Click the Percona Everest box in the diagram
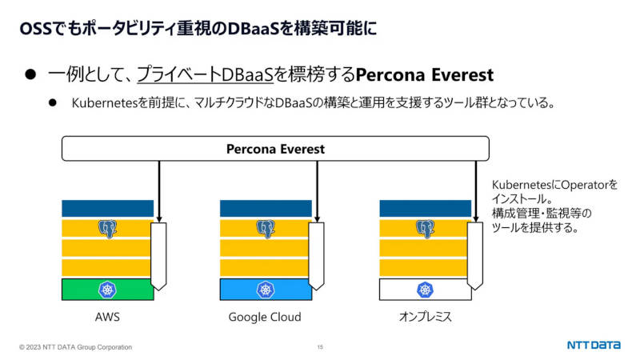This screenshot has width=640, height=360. [275, 149]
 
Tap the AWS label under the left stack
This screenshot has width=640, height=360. [107, 317]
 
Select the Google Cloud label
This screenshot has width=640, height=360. [265, 317]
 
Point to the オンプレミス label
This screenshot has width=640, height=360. [426, 317]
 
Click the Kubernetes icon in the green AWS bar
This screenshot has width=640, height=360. [107, 290]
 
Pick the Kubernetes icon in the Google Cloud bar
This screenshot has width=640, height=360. [266, 290]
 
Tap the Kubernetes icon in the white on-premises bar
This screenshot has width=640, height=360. [425, 290]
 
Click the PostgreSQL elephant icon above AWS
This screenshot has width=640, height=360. [107, 229]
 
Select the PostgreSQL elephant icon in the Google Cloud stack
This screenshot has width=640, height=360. [266, 229]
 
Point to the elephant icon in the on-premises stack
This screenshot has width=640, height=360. [425, 229]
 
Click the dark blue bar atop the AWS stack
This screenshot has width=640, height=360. [108, 208]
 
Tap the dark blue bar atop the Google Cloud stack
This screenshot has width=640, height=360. [266, 208]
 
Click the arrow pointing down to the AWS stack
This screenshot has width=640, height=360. [159, 191]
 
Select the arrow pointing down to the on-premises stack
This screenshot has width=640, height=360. [476, 191]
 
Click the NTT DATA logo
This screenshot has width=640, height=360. [594, 345]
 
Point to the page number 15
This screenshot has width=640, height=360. [320, 347]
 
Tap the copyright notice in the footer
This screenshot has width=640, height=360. [75, 347]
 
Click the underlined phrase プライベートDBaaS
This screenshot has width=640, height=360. [205, 74]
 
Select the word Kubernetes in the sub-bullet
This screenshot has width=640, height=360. [105, 103]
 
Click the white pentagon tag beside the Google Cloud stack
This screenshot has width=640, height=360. [316, 256]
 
